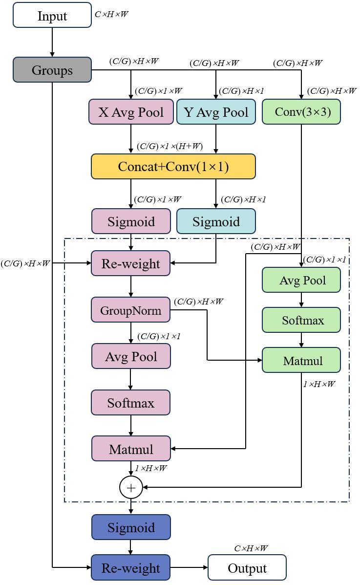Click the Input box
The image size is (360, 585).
(52, 15)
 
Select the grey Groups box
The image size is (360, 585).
(52, 69)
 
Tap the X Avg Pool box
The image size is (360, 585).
(131, 112)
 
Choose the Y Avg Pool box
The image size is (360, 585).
(216, 112)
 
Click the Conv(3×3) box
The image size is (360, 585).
(301, 112)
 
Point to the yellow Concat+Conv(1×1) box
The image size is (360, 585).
(173, 167)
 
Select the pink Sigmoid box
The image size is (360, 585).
(131, 221)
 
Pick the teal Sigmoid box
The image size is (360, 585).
(216, 221)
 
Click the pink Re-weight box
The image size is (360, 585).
(131, 263)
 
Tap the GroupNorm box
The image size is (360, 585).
(131, 310)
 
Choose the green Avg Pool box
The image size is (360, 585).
(301, 280)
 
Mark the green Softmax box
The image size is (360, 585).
(301, 320)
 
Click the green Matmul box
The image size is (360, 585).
(301, 360)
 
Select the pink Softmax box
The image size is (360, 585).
(131, 403)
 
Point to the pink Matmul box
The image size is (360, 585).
(131, 449)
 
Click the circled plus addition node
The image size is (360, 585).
(131, 487)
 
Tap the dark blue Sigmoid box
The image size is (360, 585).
(131, 527)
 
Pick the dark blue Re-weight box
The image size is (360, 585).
(131, 567)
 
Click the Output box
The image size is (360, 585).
(247, 567)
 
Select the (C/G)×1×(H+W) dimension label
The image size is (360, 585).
(169, 146)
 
